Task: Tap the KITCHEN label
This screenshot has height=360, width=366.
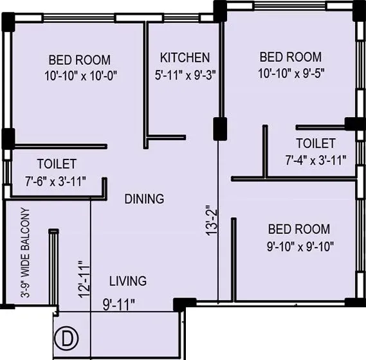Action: pyautogui.click(x=185, y=57)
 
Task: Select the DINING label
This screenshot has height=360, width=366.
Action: pyautogui.click(x=144, y=199)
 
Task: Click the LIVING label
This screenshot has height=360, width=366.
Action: pyautogui.click(x=127, y=281)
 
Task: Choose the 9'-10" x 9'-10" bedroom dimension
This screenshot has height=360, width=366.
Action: pyautogui.click(x=299, y=246)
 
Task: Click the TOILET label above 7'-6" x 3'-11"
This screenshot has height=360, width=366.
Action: pyautogui.click(x=57, y=165)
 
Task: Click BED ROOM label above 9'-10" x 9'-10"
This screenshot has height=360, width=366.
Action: pyautogui.click(x=299, y=230)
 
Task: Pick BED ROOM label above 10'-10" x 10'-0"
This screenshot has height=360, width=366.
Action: pyautogui.click(x=79, y=60)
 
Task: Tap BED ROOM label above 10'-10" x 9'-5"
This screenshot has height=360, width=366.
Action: pyautogui.click(x=289, y=57)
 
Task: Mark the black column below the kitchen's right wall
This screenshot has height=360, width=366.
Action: pyautogui.click(x=219, y=126)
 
